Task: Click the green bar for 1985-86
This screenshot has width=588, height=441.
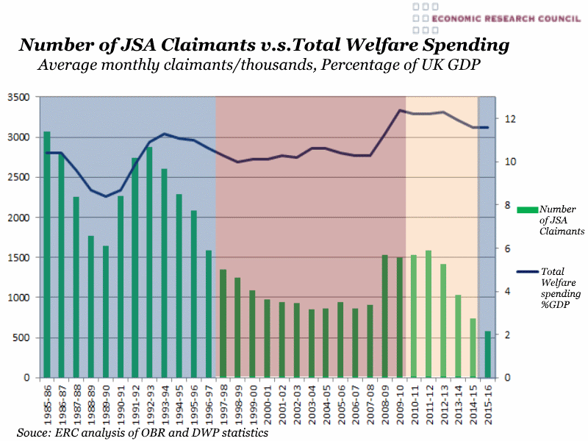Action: click(x=47, y=254)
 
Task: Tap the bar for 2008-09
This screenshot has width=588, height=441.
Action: click(x=384, y=316)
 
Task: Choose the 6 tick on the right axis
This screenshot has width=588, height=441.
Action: click(x=507, y=248)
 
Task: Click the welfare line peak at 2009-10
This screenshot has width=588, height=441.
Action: click(x=399, y=110)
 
